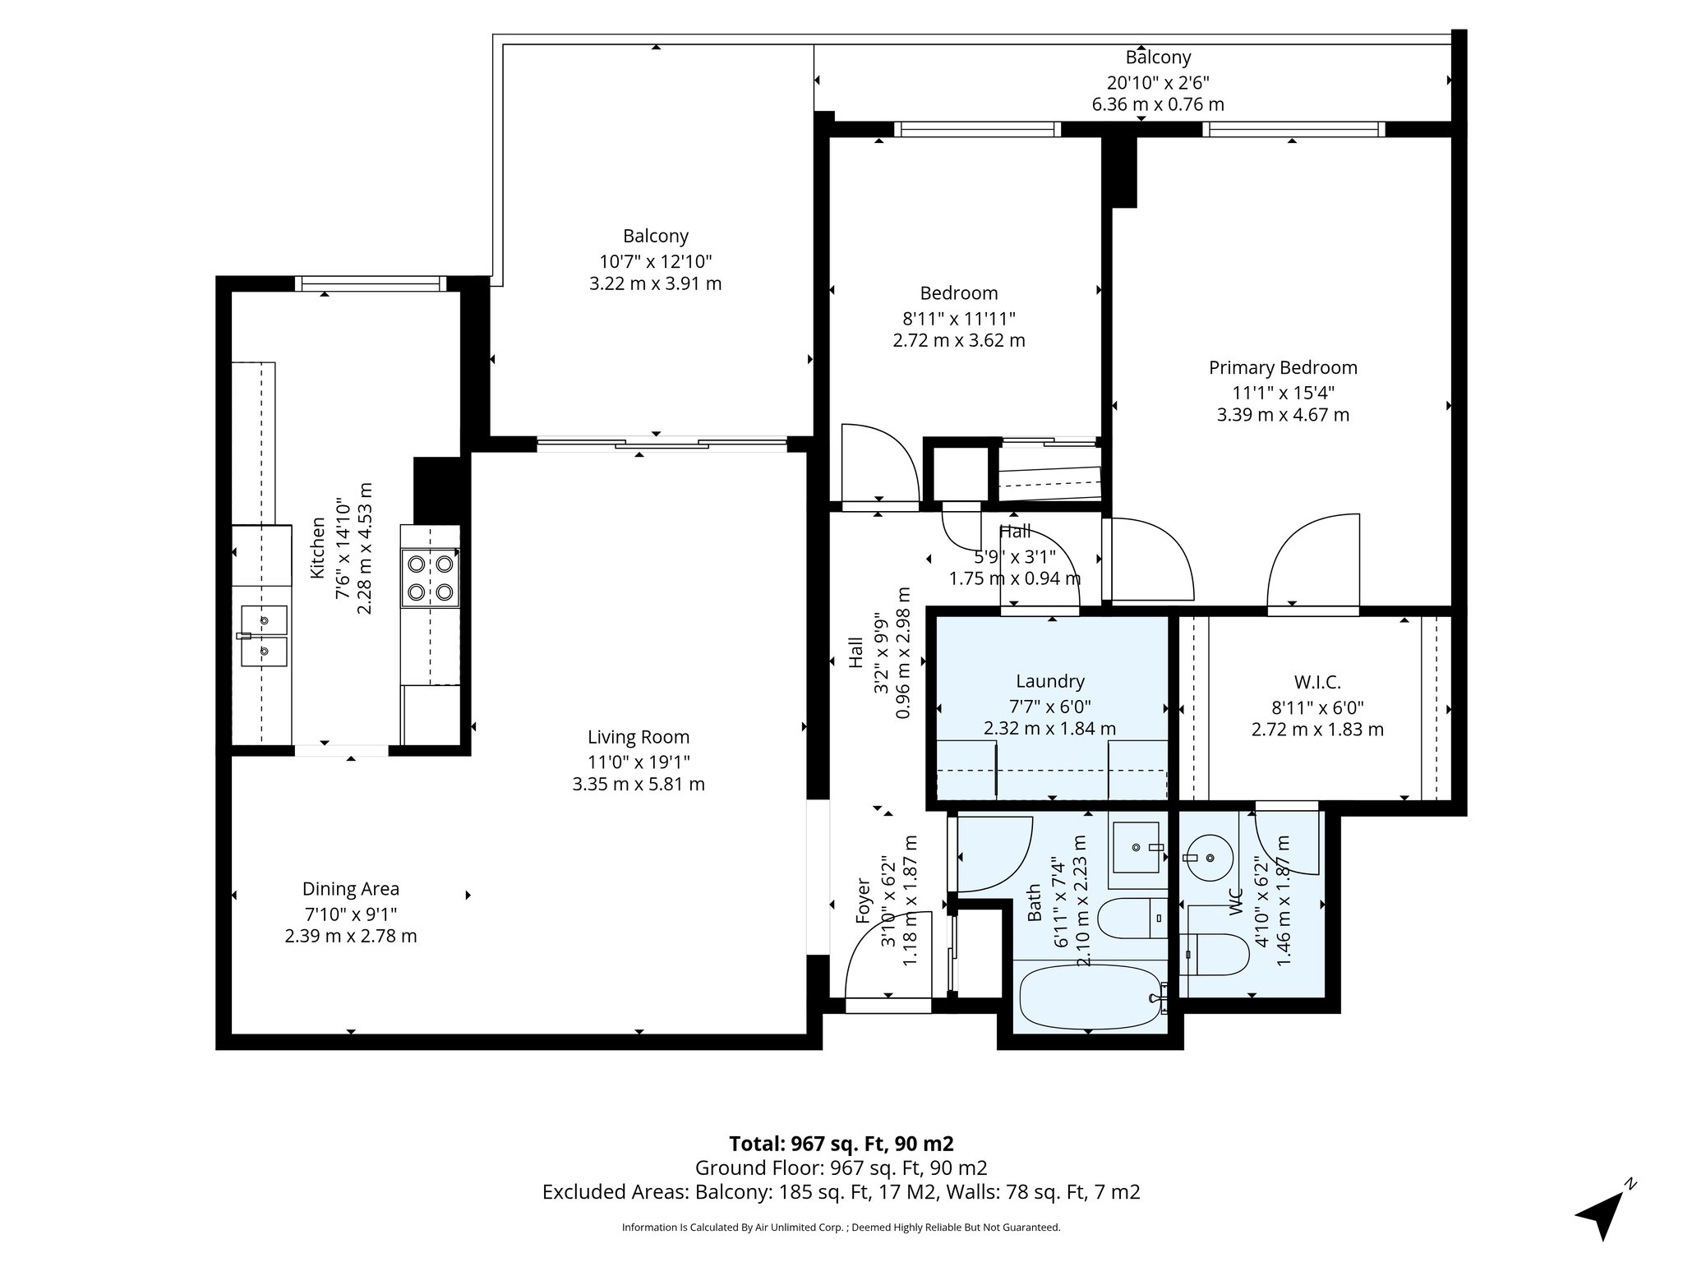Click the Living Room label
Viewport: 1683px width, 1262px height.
[639, 737]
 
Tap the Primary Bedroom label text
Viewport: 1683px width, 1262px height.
[1283, 367]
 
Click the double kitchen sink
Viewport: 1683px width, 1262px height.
[263, 636]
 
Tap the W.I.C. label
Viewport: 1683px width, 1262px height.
[1317, 682]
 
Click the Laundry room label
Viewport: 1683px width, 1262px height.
[1049, 680]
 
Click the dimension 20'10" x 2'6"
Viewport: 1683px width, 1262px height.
[1158, 81]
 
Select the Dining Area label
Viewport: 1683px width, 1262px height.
[351, 888]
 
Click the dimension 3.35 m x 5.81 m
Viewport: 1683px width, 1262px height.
[639, 784]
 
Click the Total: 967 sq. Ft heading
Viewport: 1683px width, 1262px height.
[841, 1143]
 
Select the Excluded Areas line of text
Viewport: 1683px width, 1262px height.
[841, 1191]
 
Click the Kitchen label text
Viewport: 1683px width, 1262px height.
[318, 547]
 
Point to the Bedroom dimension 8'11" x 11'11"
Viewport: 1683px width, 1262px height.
[959, 318]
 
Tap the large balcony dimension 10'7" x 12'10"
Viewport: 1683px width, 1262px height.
[655, 261]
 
